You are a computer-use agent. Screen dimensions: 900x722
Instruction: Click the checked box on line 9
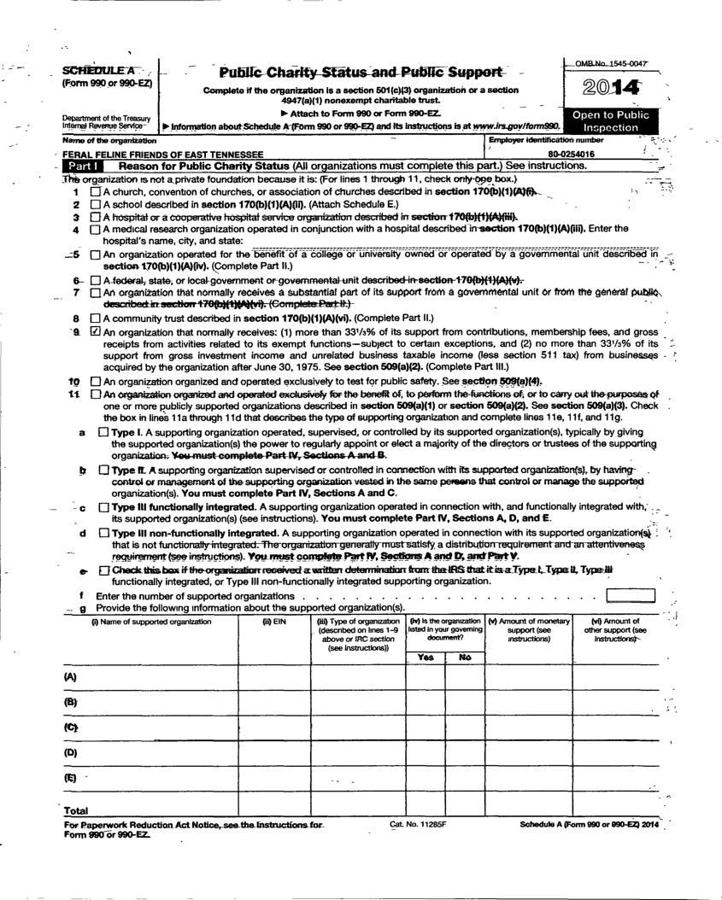95,330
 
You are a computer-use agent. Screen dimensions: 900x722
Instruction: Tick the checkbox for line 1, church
95,192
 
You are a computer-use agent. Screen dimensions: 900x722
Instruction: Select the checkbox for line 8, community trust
95,317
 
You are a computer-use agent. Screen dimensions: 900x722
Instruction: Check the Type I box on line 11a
104,432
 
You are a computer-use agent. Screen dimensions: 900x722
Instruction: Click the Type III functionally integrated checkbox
104,509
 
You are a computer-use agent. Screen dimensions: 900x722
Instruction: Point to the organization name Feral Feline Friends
163,153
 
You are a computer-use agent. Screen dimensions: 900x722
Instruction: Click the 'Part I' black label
87,165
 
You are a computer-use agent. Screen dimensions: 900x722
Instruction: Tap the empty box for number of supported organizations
630,595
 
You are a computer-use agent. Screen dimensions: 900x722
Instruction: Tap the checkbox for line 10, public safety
95,381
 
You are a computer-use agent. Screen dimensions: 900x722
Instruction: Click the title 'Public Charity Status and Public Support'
360,73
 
